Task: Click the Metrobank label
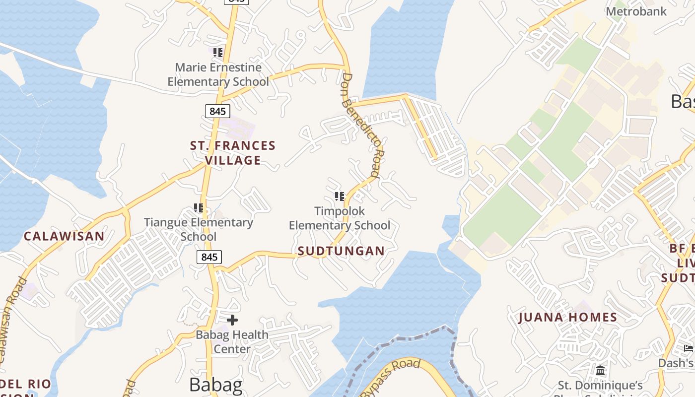[x=636, y=11]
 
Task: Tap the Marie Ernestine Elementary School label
[x=218, y=74]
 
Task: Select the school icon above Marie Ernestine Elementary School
[x=218, y=52]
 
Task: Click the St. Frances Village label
[x=233, y=153]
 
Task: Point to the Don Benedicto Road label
[x=361, y=126]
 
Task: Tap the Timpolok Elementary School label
[x=340, y=218]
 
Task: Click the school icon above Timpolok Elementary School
[x=340, y=197]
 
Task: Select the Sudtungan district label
[x=341, y=251]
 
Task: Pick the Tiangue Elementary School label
[x=199, y=229]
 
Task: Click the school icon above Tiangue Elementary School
[x=199, y=208]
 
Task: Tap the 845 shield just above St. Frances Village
[x=217, y=111]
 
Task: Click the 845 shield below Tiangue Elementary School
[x=209, y=257]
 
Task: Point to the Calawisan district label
[x=65, y=236]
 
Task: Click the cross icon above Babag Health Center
[x=232, y=320]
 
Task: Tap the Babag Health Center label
[x=232, y=342]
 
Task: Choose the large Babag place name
[x=216, y=385]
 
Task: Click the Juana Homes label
[x=567, y=318]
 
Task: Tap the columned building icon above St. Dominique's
[x=600, y=371]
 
